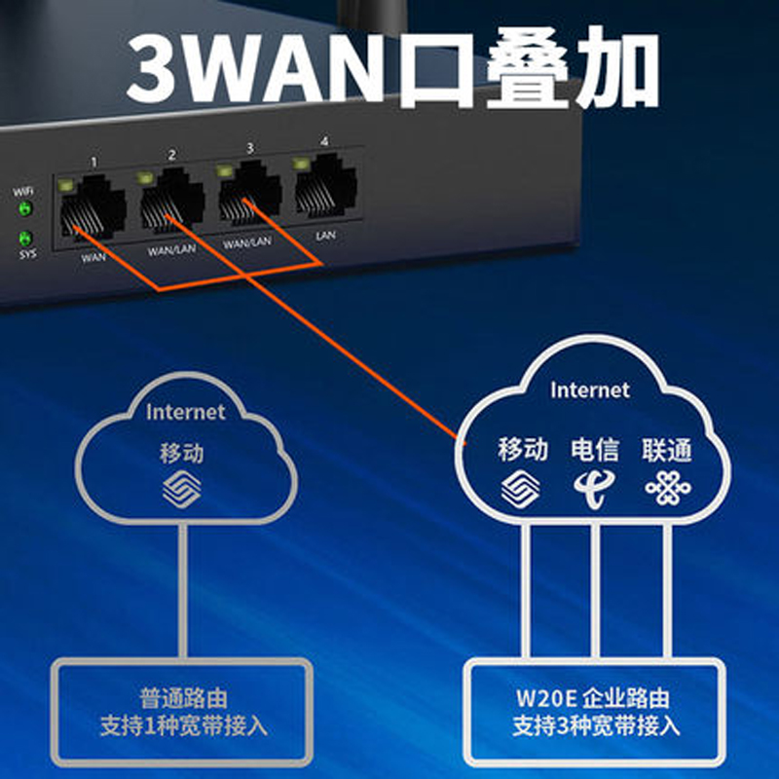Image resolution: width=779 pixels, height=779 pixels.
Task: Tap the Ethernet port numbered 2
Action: (171, 201)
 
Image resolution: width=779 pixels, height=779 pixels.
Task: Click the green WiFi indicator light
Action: (25, 208)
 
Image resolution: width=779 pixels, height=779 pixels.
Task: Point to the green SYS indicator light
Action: (25, 238)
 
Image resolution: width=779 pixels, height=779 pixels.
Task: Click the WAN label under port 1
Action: (93, 258)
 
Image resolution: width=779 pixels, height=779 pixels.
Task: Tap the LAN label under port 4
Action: (326, 235)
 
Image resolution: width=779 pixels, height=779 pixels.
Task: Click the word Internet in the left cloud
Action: (185, 412)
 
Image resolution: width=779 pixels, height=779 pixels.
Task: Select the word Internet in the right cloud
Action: (590, 390)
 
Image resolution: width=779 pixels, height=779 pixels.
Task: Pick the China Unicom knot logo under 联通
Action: (667, 486)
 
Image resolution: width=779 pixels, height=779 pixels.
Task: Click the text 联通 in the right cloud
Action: (667, 449)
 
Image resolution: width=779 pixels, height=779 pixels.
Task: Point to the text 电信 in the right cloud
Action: (595, 449)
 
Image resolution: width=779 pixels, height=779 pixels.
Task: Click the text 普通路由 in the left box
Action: (184, 698)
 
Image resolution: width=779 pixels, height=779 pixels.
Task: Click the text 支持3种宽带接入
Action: (596, 726)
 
